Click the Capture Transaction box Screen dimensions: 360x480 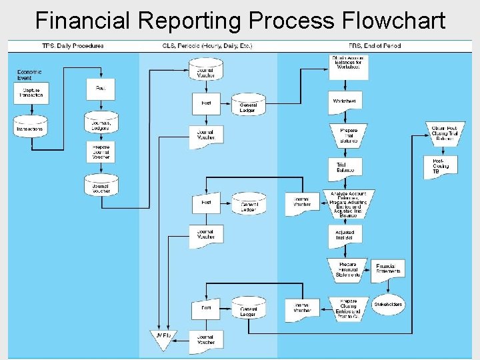coord(31,93)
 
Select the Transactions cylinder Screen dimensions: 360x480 coord(31,126)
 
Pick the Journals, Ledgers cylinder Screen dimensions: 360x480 coord(101,123)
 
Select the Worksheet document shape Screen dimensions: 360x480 coord(345,101)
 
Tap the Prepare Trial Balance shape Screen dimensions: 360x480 coord(348,135)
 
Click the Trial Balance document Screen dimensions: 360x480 coord(345,168)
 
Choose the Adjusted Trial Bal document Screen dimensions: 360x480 coord(345,234)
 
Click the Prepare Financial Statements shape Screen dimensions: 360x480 coord(347,269)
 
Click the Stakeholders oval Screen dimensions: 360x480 coord(389,304)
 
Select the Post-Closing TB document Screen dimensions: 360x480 coord(441,165)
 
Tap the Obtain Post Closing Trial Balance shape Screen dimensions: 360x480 coord(444,132)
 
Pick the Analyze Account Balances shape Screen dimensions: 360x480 coord(347,204)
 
